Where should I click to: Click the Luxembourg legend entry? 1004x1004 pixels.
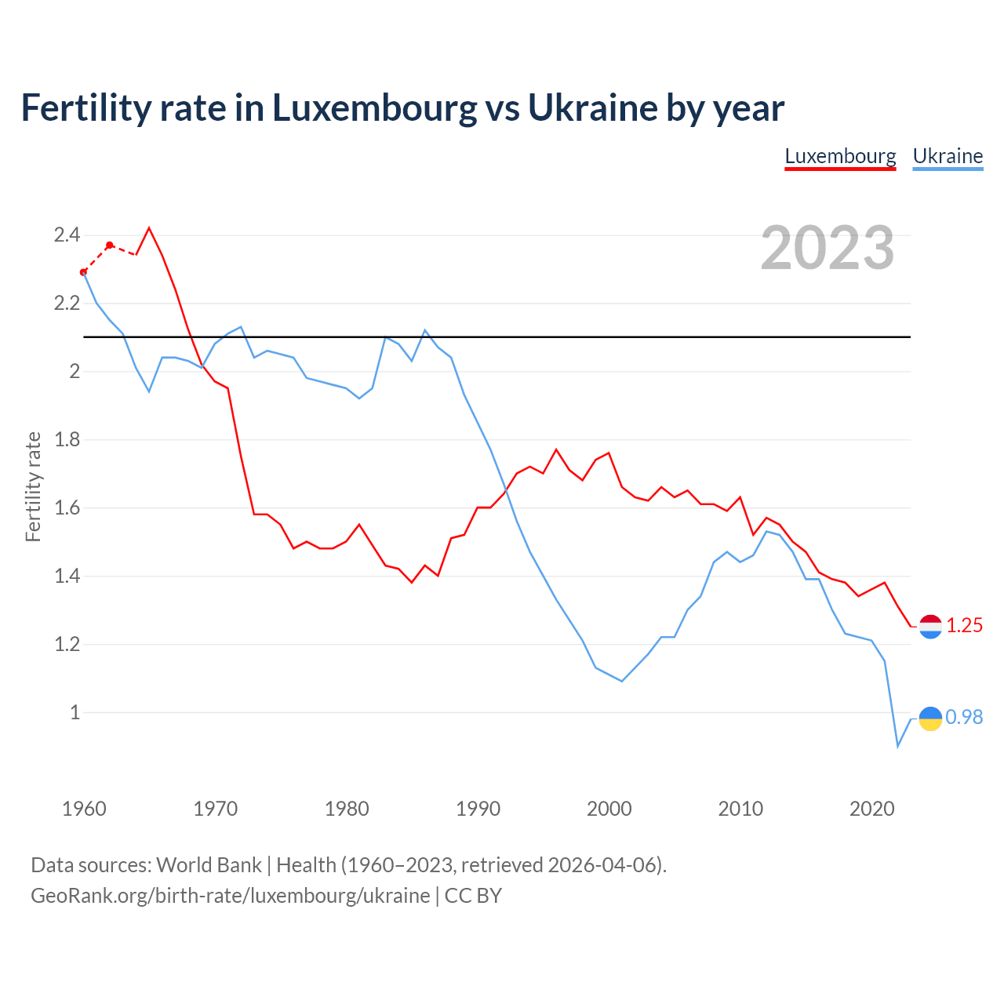840,156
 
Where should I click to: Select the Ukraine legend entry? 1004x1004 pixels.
948,156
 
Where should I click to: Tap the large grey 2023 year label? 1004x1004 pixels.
828,248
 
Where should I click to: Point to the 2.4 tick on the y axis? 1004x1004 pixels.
67,235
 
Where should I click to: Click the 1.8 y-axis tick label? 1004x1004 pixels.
67,439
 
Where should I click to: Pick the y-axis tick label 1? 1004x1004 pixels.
75,712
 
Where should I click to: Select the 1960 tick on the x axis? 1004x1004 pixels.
84,809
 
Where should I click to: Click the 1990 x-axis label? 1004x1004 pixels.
478,809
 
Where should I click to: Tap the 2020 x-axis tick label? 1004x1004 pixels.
871,809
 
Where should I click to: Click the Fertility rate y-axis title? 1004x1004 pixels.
33,486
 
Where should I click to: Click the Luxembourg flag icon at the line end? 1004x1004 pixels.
930,626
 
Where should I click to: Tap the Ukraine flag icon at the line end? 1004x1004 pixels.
930,718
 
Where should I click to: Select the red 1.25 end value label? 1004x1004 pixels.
964,625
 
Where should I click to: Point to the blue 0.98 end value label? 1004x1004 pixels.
964,717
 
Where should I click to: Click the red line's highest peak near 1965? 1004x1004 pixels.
149,228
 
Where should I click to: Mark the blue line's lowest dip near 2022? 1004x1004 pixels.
898,746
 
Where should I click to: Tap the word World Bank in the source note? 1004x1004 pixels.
209,865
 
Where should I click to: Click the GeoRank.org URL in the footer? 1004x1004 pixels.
230,896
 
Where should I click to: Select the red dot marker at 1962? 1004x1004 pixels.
110,246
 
